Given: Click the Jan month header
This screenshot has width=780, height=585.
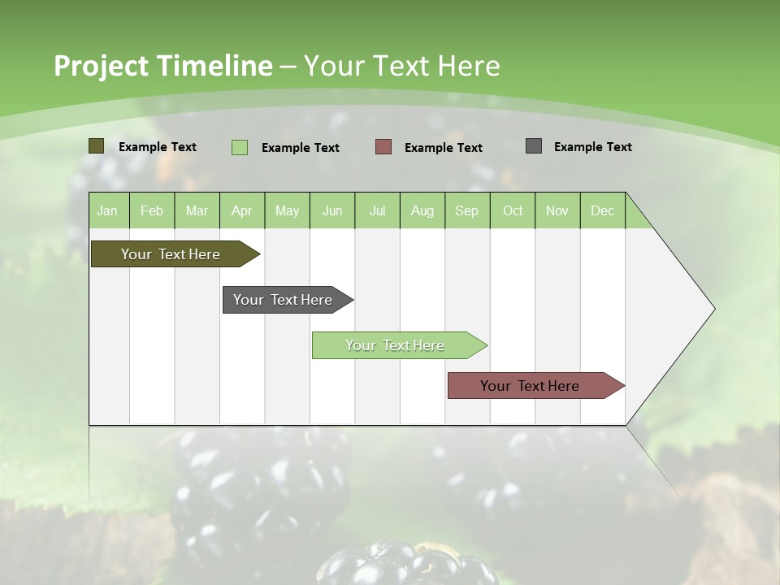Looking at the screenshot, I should [108, 210].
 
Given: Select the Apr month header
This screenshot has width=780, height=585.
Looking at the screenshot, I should [242, 210].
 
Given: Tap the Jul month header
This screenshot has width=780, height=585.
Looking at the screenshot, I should [377, 210].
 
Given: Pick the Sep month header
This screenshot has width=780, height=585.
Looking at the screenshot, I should [466, 210].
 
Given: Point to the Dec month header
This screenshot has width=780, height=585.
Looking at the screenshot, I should [602, 210].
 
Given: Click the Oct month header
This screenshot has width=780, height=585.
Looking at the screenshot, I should [512, 210].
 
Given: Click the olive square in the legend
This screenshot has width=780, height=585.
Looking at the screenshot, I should [96, 146].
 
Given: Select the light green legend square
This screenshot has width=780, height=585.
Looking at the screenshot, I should [239, 147].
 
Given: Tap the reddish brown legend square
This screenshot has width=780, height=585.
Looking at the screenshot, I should [383, 147].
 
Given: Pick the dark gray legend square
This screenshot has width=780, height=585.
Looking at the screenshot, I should [534, 146].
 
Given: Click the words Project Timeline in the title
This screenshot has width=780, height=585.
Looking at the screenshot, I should [162, 66].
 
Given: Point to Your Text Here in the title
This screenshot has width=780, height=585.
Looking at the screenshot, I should [401, 66].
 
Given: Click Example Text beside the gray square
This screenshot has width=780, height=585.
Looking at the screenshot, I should [592, 147].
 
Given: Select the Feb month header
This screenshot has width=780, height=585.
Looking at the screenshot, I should [152, 210].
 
